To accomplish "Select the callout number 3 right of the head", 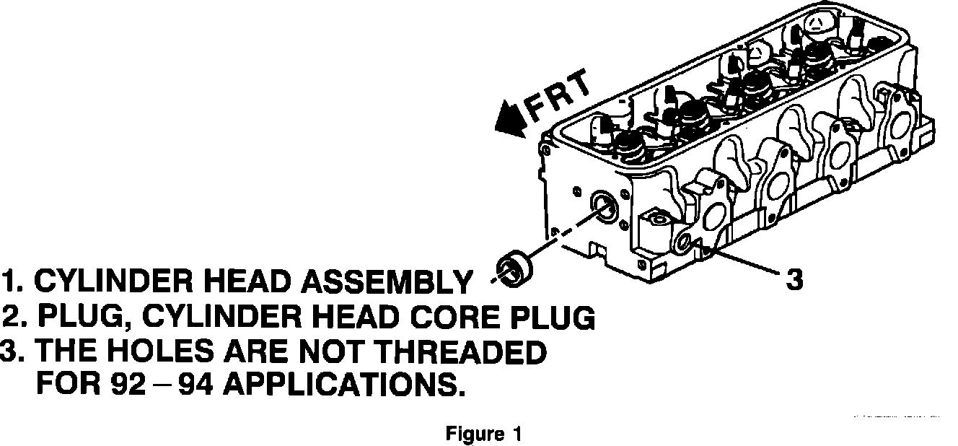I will [794, 279].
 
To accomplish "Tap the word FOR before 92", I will [69, 385].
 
